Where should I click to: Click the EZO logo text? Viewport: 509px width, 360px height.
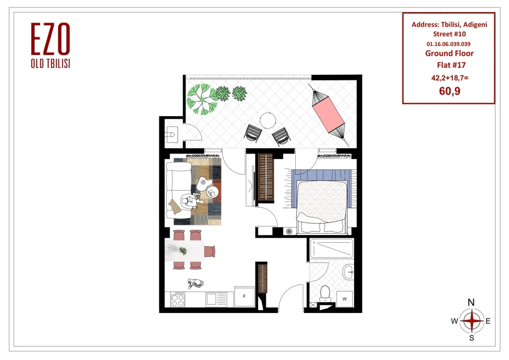[x=50, y=38]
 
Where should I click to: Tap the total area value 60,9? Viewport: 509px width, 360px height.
[x=449, y=91]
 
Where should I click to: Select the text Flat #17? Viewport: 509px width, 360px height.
[x=451, y=65]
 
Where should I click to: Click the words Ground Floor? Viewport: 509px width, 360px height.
[x=449, y=53]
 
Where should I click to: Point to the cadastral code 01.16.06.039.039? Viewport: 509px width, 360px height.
[x=448, y=44]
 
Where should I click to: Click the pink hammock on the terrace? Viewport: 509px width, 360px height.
[x=328, y=112]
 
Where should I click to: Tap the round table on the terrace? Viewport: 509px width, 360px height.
[x=268, y=120]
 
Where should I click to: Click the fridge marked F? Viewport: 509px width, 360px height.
[x=244, y=296]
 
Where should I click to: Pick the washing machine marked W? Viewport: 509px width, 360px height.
[x=345, y=299]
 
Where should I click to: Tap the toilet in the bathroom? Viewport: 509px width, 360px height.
[x=325, y=294]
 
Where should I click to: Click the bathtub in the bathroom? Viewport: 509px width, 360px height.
[x=331, y=249]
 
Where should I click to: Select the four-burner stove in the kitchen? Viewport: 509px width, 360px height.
[x=178, y=299]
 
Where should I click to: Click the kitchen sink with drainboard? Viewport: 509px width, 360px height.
[x=216, y=299]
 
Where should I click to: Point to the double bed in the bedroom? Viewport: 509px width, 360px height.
[x=321, y=207]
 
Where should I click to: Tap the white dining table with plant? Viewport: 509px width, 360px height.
[x=184, y=251]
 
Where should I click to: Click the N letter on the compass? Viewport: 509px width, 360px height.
[x=471, y=302]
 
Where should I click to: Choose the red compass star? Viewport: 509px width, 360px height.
[x=472, y=321]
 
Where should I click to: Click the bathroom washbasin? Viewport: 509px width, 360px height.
[x=348, y=272]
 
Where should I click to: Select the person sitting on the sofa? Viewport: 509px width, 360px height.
[x=190, y=202]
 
